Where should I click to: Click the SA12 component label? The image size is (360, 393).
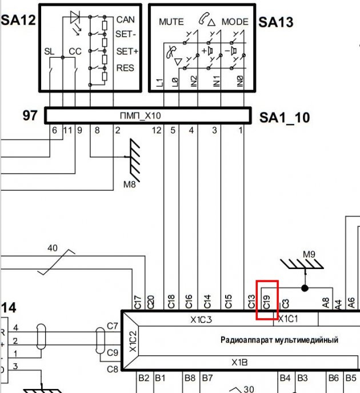[18, 22]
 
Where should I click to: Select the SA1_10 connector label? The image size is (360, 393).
[284, 118]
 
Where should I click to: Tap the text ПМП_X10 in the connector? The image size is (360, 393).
[141, 116]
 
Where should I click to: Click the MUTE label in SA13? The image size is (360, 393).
[171, 22]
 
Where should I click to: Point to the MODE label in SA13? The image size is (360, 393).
[235, 22]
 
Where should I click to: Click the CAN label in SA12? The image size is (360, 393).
[125, 19]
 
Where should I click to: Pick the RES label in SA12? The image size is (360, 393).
[125, 68]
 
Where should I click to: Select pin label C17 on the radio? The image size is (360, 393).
[137, 302]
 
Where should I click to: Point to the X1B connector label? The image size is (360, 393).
[239, 362]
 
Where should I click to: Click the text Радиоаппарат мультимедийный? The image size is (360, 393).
[279, 340]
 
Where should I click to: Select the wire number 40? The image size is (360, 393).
[53, 248]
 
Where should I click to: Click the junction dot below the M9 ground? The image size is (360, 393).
[305, 287]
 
